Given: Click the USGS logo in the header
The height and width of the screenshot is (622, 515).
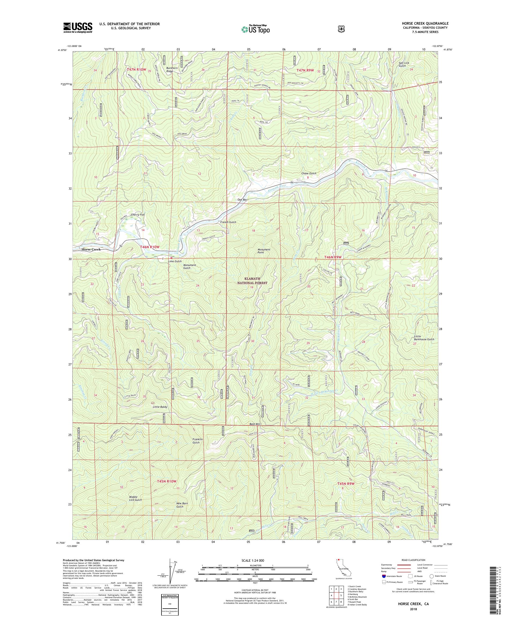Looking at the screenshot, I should tap(78, 28).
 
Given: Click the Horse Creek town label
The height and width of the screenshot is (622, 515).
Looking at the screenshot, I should tap(91, 249).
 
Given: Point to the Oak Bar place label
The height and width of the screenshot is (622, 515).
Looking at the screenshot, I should tap(242, 200).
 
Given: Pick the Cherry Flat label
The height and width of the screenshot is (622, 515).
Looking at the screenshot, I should tap(138, 214).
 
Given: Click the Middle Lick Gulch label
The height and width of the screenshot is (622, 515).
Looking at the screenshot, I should tap(135, 498).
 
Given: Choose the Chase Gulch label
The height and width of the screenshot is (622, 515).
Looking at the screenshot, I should tap(309, 173).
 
